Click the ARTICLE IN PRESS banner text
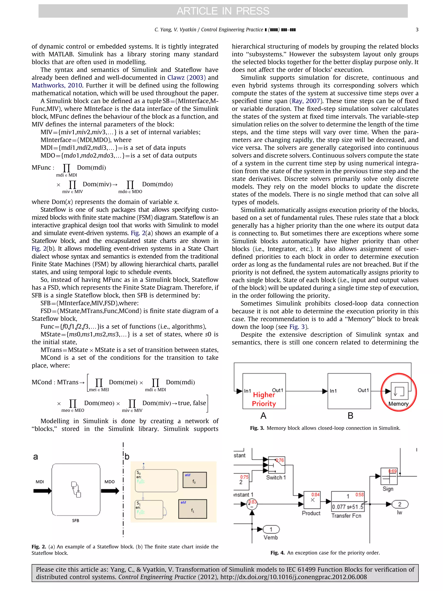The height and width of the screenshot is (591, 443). click(x=223, y=11)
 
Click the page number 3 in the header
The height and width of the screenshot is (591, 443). click(x=417, y=30)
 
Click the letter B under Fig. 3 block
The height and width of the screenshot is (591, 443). click(x=350, y=416)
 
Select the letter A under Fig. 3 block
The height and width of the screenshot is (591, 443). click(x=263, y=416)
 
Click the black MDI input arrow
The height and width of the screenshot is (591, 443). click(x=42, y=491)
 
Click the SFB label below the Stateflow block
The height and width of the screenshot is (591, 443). click(x=75, y=520)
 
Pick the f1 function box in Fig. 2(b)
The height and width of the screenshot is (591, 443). click(x=192, y=509)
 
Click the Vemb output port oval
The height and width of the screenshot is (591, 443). click(x=271, y=529)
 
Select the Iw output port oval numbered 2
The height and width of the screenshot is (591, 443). click(x=400, y=504)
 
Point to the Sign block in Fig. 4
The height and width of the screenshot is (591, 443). click(x=389, y=476)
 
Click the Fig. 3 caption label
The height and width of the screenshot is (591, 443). click(x=257, y=428)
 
